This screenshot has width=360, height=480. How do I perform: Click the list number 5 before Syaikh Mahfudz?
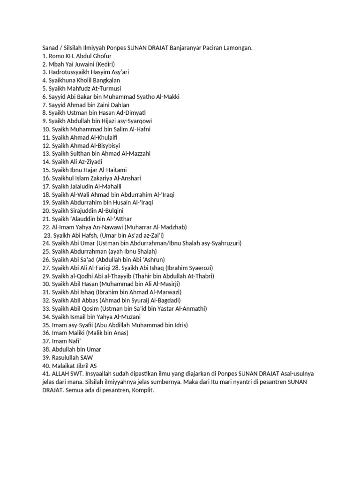(44, 89)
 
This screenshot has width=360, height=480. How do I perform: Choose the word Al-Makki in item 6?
(168, 97)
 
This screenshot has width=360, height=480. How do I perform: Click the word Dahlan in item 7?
(119, 105)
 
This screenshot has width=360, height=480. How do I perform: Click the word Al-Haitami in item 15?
(112, 170)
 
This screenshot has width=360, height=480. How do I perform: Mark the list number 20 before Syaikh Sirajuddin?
(46, 210)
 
